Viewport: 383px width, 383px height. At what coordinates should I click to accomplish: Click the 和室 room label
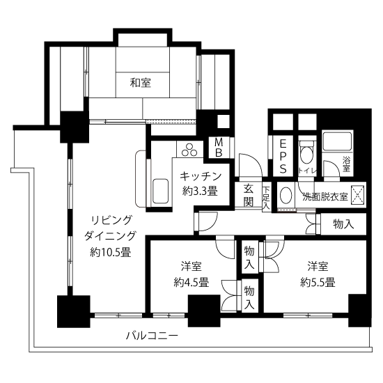point(141,83)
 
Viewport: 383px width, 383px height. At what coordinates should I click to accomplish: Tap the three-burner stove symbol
point(189,150)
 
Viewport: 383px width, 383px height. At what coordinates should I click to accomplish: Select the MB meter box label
point(219,148)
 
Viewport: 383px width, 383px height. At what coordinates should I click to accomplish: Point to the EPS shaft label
point(283,156)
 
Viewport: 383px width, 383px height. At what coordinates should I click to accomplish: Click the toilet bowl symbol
point(307,153)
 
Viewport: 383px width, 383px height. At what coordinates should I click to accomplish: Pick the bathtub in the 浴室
point(337,141)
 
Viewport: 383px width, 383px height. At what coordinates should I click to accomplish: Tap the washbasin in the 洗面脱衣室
point(286,196)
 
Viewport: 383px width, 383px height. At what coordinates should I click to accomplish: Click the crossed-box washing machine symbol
point(357,195)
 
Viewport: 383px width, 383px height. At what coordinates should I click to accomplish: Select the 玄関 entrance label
point(249,196)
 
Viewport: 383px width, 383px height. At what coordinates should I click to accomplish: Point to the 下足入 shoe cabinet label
point(266,198)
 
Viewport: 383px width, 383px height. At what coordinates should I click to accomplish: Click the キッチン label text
point(201,176)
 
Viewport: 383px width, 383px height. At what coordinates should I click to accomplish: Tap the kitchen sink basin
point(160,191)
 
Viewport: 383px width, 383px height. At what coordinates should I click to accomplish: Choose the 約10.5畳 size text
point(111,252)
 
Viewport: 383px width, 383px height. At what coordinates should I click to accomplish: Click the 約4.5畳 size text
point(191,282)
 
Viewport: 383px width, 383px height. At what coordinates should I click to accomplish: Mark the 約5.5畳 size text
point(318,282)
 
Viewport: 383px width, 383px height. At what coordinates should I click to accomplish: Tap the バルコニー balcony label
point(153,336)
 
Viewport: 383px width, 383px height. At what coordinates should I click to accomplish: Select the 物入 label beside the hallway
point(344,224)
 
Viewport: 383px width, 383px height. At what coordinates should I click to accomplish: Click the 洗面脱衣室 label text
point(325,196)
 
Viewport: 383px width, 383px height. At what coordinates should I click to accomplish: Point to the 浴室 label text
point(346,164)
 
